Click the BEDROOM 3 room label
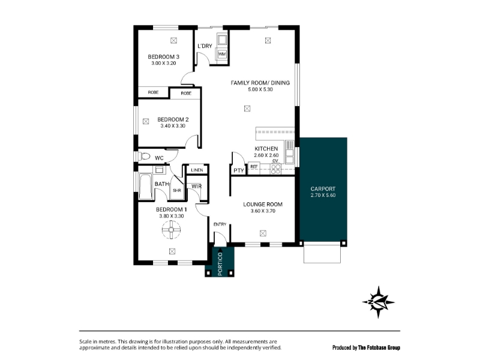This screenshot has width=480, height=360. tap(163, 56)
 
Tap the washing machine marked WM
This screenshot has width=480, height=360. tap(222, 54)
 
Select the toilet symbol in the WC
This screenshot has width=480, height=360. tap(144, 157)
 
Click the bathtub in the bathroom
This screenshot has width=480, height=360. tap(145, 187)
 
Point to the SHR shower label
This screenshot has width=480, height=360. tap(177, 190)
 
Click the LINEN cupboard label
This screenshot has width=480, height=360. tap(197, 170)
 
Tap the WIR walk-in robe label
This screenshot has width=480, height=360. tap(197, 186)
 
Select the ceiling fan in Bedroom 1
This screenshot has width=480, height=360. tap(172, 230)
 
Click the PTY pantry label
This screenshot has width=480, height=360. tap(239, 170)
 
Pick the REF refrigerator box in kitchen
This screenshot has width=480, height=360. tap(254, 167)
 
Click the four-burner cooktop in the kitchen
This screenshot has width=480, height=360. tap(275, 169)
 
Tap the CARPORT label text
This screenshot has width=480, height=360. tap(323, 189)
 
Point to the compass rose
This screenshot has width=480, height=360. tap(379, 302)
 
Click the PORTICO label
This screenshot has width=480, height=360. tap(220, 264)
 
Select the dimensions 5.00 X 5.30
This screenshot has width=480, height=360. tap(260, 89)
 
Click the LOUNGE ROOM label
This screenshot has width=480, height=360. tap(263, 204)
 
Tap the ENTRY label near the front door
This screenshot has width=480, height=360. tap(220, 224)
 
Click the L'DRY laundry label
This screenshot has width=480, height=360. tap(205, 46)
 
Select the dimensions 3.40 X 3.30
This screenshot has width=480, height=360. tap(173, 126)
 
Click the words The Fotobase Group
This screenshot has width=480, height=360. tap(379, 347)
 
